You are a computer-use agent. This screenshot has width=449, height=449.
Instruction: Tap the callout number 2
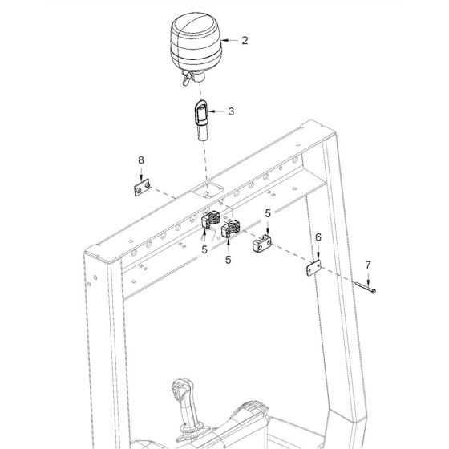[245, 40]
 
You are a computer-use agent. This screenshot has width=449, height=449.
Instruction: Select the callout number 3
[231, 111]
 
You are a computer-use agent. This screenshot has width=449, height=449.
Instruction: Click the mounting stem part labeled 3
[200, 120]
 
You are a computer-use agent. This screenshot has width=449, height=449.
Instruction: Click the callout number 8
[141, 160]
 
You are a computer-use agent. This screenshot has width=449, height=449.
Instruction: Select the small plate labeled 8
[141, 188]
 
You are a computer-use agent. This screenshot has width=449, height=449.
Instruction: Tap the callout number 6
[318, 238]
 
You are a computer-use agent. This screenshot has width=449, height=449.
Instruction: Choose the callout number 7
[368, 264]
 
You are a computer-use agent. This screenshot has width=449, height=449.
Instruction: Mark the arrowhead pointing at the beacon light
[224, 39]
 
